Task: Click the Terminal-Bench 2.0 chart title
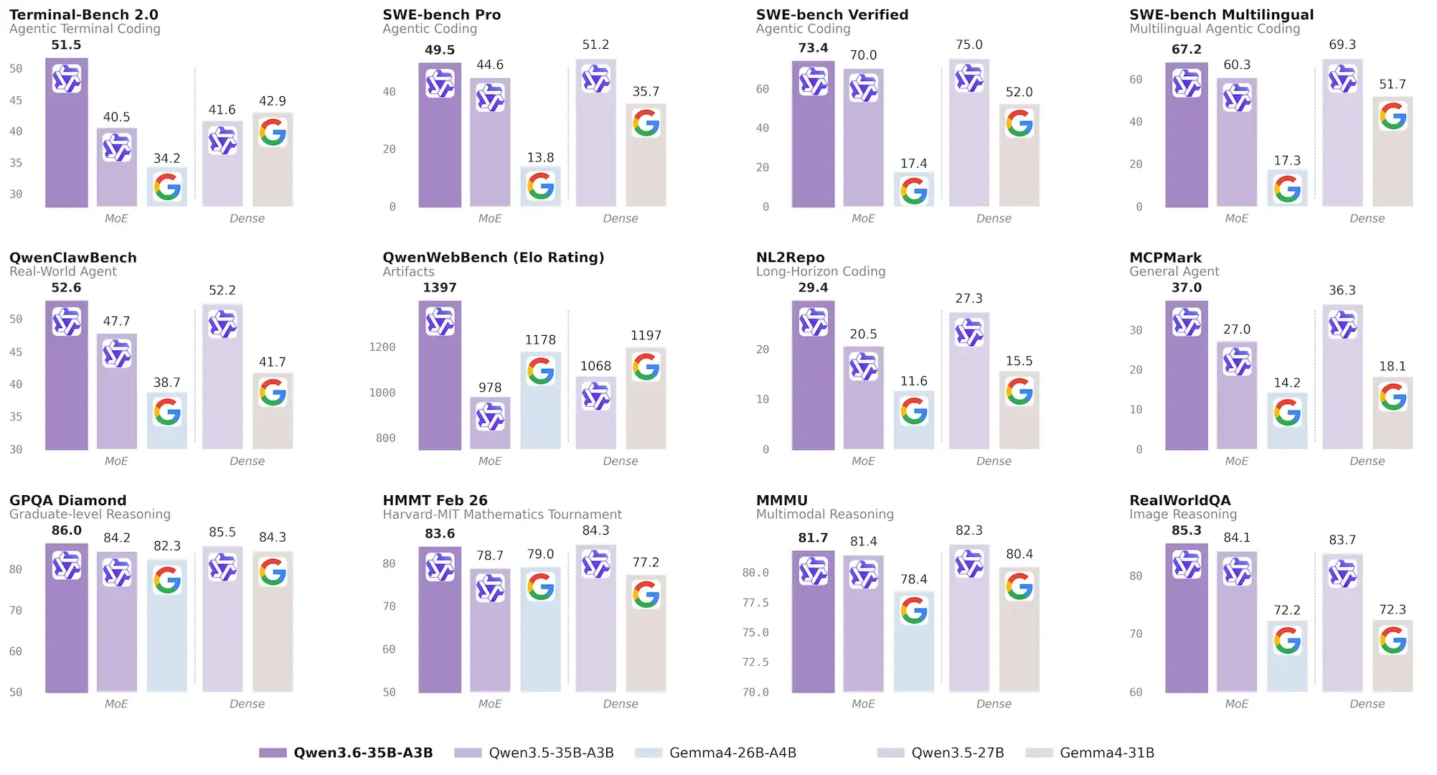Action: [83, 14]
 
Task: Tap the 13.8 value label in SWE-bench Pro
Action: [540, 157]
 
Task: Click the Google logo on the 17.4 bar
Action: [913, 191]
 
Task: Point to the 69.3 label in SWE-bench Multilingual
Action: [1342, 44]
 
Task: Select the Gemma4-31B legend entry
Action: [1106, 753]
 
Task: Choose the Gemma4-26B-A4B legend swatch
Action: [648, 753]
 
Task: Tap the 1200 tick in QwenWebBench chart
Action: [382, 347]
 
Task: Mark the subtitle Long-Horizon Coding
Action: [820, 271]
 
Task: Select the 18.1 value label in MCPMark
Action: [1392, 366]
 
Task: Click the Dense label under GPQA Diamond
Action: [247, 704]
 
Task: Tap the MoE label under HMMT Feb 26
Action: [490, 704]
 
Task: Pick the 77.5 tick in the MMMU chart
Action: [755, 603]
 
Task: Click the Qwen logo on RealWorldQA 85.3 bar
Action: [1186, 565]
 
